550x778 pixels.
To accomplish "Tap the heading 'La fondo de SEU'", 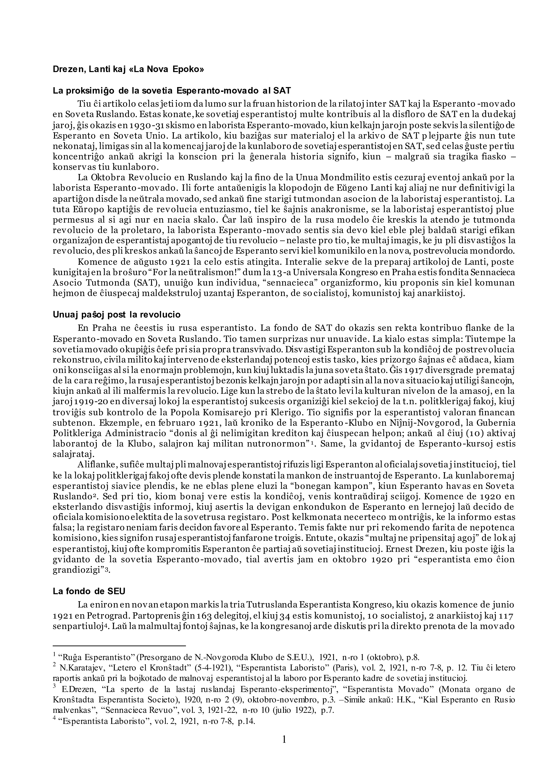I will [x=89, y=591].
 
